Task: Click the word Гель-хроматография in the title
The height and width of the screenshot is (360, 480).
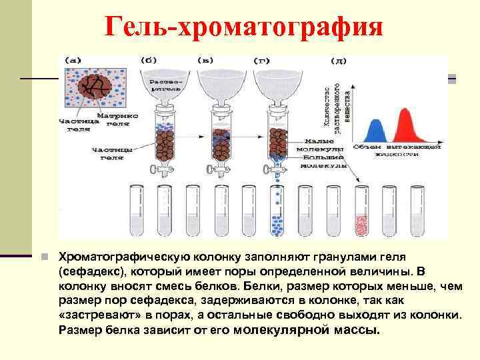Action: click(244, 28)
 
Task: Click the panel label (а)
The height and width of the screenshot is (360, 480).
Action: click(72, 60)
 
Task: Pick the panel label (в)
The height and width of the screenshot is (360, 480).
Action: click(206, 60)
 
